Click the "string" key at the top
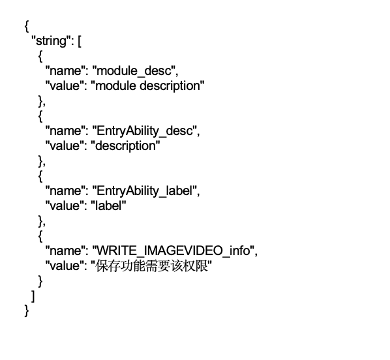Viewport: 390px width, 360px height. click(x=52, y=41)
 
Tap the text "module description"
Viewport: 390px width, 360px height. click(x=147, y=86)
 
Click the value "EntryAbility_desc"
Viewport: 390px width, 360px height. click(x=145, y=131)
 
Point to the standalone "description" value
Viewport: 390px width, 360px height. click(x=125, y=146)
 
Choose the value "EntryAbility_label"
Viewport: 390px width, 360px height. click(x=145, y=191)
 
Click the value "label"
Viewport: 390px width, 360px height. click(x=108, y=205)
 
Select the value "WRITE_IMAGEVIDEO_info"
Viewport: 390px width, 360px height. click(x=173, y=250)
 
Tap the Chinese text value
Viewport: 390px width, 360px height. click(x=151, y=265)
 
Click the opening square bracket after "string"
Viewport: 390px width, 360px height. click(x=80, y=41)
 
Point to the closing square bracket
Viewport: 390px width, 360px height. click(x=33, y=296)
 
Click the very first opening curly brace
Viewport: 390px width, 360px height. click(x=27, y=26)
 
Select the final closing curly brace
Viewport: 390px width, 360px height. click(x=27, y=311)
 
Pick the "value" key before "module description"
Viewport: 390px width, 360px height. click(x=65, y=86)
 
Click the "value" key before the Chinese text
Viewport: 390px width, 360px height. click(x=65, y=265)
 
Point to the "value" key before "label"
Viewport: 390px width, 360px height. click(x=65, y=205)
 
